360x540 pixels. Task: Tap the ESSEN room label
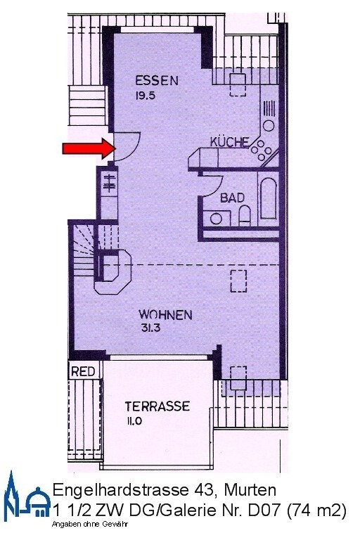157,80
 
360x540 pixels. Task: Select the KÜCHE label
229,142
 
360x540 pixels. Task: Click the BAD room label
233,198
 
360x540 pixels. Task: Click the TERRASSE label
157,406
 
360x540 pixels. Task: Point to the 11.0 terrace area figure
134,420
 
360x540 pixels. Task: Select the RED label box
82,372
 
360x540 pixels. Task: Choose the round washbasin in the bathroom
216,218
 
